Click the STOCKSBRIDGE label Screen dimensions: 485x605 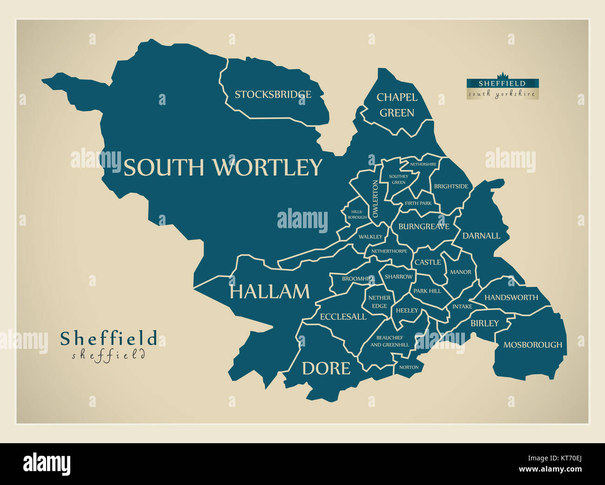coord(273,95)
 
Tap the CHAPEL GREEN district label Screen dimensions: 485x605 coord(397,105)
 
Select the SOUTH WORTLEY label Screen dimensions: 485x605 coord(222,167)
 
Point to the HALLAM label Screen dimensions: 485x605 coord(269,292)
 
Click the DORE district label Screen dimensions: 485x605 coord(326,368)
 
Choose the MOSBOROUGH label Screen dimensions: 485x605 coord(532,345)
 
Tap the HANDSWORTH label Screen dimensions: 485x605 coord(511,297)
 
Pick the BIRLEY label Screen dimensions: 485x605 coord(484,323)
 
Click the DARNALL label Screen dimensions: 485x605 coord(481,236)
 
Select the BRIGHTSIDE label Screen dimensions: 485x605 coord(451,186)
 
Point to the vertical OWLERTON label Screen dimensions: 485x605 coord(376,199)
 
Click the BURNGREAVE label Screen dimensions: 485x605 coord(423,227)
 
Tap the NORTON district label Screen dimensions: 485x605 coord(409,367)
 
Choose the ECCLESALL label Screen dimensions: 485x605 coord(343,317)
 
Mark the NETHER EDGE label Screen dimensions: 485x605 coord(379,302)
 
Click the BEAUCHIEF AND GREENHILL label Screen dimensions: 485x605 coord(390,341)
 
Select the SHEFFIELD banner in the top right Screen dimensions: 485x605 coord(502,83)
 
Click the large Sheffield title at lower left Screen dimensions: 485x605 coord(108,339)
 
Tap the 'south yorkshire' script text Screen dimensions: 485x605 coord(502,94)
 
